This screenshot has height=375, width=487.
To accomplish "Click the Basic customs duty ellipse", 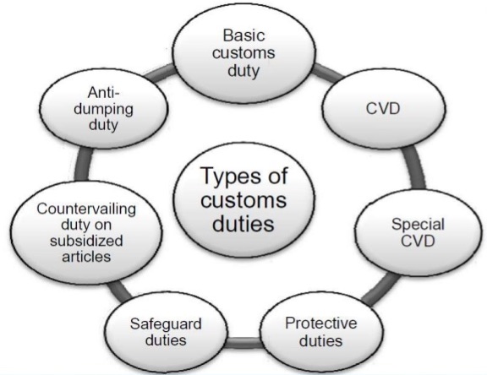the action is tap(244, 53).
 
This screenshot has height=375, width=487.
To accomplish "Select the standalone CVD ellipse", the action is tap(384, 108).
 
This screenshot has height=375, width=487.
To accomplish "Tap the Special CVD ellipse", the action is tap(418, 232).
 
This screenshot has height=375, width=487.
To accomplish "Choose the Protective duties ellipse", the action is tap(320, 332).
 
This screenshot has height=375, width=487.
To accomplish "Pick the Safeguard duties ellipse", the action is tap(166, 332).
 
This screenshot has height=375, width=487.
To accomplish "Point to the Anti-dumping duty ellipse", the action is tap(103, 109).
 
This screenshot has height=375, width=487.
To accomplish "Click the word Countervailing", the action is tap(86, 209).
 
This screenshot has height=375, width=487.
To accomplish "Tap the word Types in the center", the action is tap(226, 177).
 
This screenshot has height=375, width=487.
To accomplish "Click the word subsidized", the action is tap(86, 241).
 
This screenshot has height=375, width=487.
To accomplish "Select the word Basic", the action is tap(243, 35).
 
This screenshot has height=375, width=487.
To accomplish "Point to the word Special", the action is tap(418, 225).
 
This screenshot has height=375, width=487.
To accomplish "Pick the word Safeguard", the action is tap(166, 323).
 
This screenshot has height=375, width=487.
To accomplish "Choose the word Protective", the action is tap(320, 323).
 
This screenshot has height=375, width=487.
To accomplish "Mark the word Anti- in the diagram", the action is tap(104, 92).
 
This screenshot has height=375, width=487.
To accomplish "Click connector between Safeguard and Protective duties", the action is tap(243, 342).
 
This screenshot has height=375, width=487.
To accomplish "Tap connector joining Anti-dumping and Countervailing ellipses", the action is tap(83, 165).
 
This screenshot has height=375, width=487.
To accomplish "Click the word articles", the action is tap(86, 257).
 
